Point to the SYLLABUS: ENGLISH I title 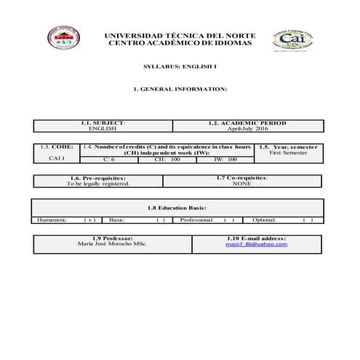tap(180, 66)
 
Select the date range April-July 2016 tap(248, 129)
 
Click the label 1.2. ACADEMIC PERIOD tap(248, 123)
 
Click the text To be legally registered tap(98, 184)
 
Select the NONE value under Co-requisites tap(242, 184)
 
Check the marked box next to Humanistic tap(89, 219)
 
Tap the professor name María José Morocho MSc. tap(112, 244)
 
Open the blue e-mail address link tap(256, 244)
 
